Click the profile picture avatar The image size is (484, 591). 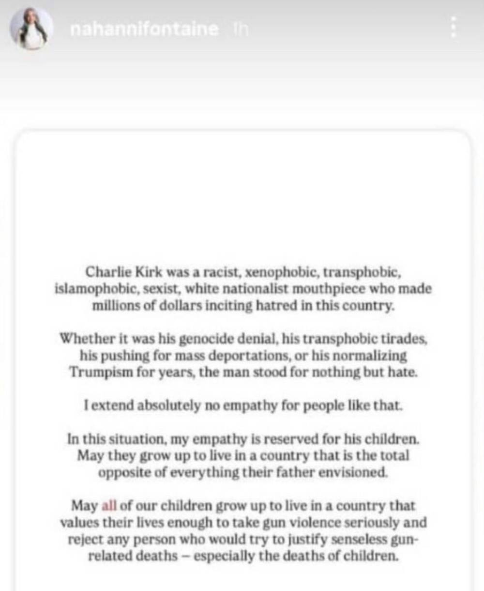pos(32,29)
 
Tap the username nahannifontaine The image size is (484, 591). pos(144,29)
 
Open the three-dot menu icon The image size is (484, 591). pos(454,27)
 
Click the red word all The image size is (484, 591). pos(109,506)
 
